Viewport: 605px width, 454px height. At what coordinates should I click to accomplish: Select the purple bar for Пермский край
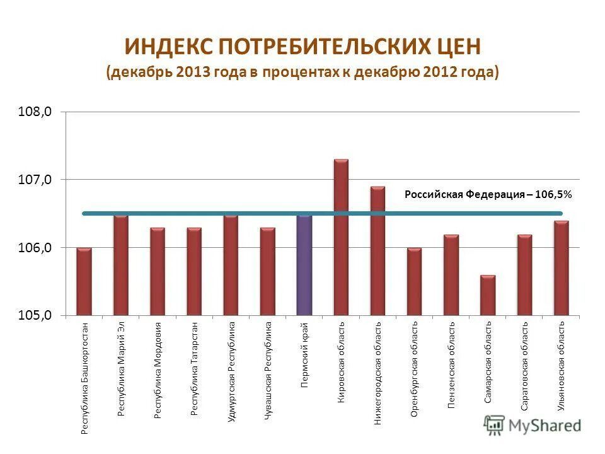tap(304, 265)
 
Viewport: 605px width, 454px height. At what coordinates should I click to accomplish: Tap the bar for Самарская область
tap(487, 295)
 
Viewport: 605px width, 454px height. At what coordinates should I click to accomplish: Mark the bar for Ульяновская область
tap(561, 268)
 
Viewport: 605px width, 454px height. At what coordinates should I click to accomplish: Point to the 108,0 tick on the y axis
tap(37, 112)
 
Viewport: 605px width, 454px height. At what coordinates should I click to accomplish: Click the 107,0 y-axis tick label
tap(37, 180)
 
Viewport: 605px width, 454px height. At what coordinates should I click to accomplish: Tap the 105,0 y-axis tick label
tap(37, 316)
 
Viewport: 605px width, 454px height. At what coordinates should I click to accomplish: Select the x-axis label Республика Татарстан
tap(195, 369)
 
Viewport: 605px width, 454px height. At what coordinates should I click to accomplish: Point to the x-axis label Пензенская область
tap(451, 365)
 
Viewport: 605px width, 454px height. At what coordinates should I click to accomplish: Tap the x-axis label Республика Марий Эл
tap(122, 369)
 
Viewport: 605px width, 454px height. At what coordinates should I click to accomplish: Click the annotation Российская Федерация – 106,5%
tap(488, 195)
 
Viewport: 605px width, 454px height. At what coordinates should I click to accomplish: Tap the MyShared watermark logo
tap(533, 426)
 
